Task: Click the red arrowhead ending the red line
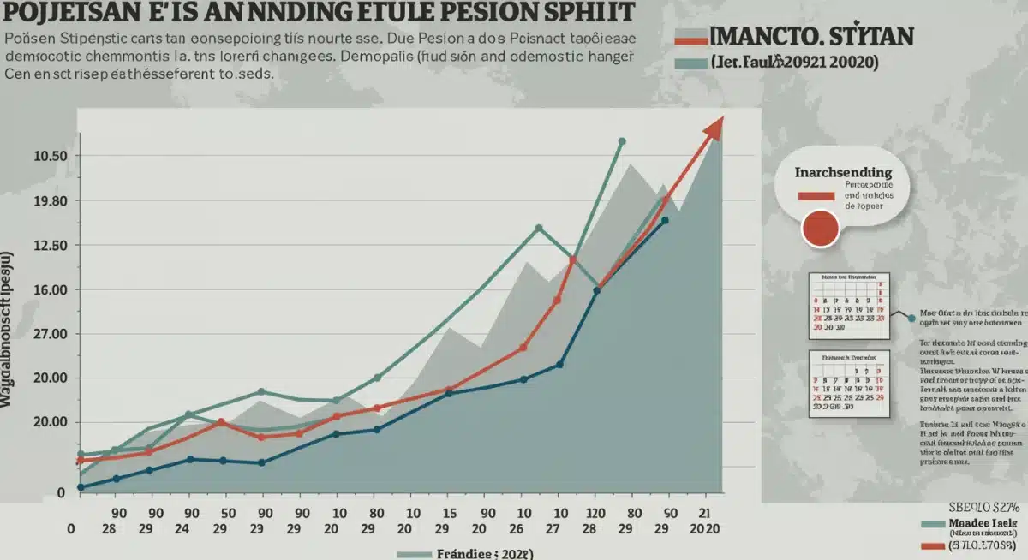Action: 714,128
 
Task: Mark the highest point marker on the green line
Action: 622,141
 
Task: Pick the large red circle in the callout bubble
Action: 819,229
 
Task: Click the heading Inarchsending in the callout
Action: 843,172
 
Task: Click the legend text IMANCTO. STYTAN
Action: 812,36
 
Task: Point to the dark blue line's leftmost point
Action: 81,487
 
